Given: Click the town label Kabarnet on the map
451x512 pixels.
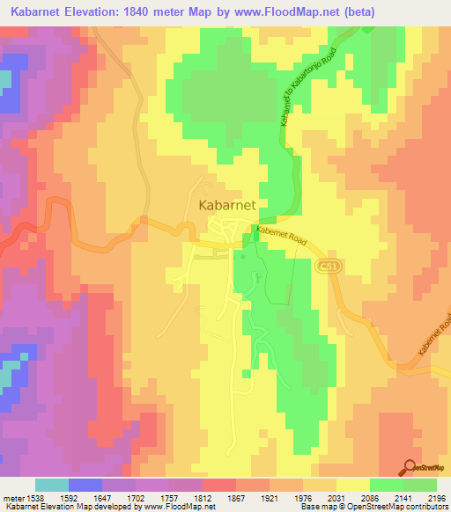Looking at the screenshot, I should pos(227,204).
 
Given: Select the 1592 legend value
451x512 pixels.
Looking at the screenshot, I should pos(85,497).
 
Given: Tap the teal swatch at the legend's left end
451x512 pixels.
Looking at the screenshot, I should pos(51,485).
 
